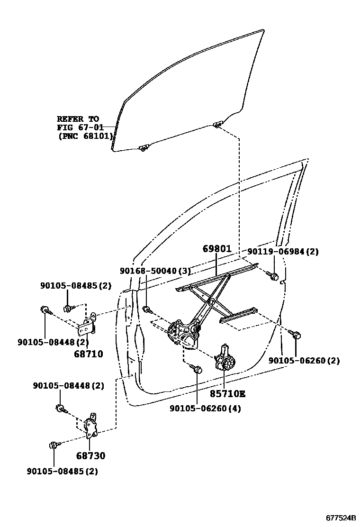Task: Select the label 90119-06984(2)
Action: point(283,252)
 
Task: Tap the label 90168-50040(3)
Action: point(155,271)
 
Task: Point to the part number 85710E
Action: point(228,393)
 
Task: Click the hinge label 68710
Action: point(89,354)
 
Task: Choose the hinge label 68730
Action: point(90,456)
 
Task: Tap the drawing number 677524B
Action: point(341,518)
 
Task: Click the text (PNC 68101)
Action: point(85,136)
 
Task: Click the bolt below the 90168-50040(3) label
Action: point(147,310)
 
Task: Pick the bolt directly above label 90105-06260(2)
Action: point(296,336)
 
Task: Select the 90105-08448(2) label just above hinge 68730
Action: point(68,386)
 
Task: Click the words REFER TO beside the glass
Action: point(78,119)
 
